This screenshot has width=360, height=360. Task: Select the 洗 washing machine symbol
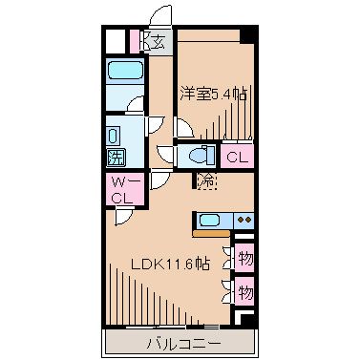(114, 157)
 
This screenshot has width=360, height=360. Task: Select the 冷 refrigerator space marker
(205, 179)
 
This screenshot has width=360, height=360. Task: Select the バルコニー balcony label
(182, 341)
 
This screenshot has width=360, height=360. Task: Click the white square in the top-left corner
(115, 41)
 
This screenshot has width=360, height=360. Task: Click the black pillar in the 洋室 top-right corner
(247, 34)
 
